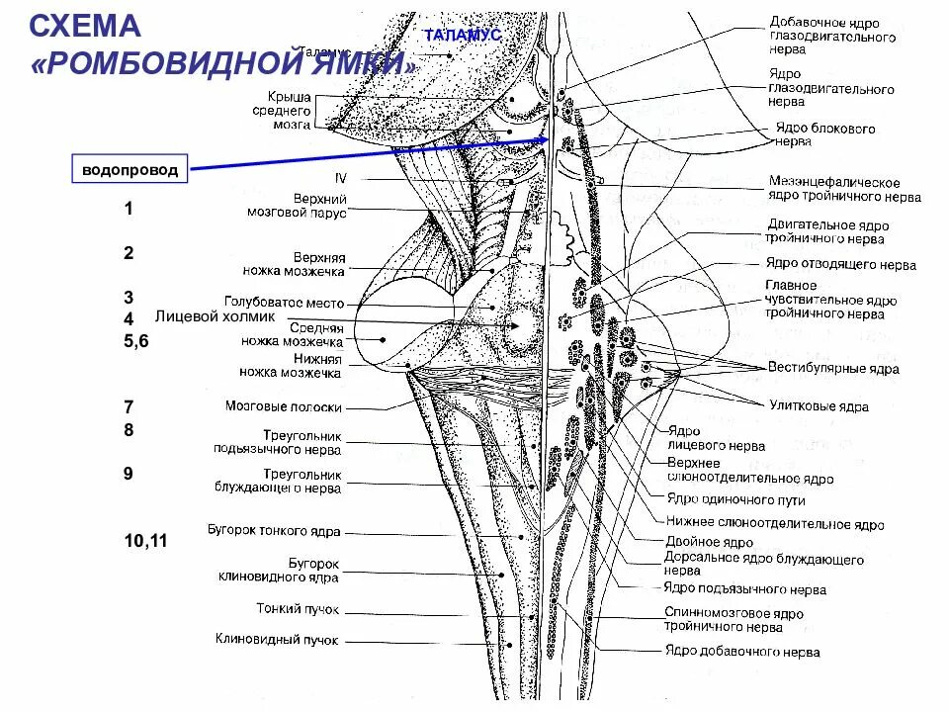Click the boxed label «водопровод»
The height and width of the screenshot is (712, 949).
(x=130, y=170)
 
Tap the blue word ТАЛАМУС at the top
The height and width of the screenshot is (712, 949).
(x=463, y=35)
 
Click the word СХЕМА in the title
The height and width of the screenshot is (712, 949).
(x=85, y=26)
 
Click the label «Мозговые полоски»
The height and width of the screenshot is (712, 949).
(x=283, y=406)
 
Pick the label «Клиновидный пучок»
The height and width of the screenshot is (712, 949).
(x=277, y=640)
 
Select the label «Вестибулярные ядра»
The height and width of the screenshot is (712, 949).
(x=834, y=368)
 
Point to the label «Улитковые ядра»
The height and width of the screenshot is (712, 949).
(x=820, y=405)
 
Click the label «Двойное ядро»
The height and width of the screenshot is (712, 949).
(x=709, y=542)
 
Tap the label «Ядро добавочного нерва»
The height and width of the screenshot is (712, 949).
(x=741, y=652)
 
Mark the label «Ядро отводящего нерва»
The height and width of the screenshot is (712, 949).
(x=840, y=264)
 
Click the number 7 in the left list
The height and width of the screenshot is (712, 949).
(x=129, y=406)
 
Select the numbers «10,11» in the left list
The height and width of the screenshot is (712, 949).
(x=145, y=541)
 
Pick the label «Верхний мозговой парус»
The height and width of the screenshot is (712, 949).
(x=296, y=205)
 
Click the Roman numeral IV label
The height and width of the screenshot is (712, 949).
(x=341, y=178)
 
